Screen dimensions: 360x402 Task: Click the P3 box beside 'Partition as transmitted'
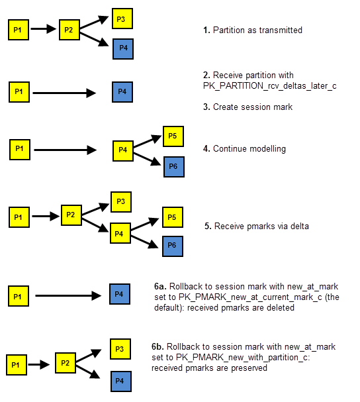pos(122,19)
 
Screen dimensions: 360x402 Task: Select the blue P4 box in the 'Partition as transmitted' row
pos(123,49)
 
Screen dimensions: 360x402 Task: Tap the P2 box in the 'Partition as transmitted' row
pos(69,30)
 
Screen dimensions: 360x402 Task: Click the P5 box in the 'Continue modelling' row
pos(173,136)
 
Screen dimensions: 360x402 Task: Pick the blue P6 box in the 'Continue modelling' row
pos(174,167)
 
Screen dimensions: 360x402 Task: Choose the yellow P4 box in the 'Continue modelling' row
pos(123,151)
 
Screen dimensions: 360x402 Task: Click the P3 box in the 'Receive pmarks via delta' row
pos(121,202)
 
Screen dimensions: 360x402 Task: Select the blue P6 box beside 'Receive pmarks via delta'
pos(173,246)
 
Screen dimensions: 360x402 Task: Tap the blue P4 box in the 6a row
pos(120,294)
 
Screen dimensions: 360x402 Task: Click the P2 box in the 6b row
pos(66,363)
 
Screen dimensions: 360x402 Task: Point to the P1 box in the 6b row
pos(17,365)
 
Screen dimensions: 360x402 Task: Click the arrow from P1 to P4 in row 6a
pos(68,295)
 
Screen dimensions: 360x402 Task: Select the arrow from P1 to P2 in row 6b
pos(38,364)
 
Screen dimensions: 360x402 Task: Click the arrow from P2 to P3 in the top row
pos(94,23)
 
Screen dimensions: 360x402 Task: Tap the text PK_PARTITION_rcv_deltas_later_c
pos(269,86)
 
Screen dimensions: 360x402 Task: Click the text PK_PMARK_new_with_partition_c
pos(243,357)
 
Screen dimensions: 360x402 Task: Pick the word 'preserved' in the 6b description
pos(249,368)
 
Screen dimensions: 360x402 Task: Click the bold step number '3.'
pos(206,107)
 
